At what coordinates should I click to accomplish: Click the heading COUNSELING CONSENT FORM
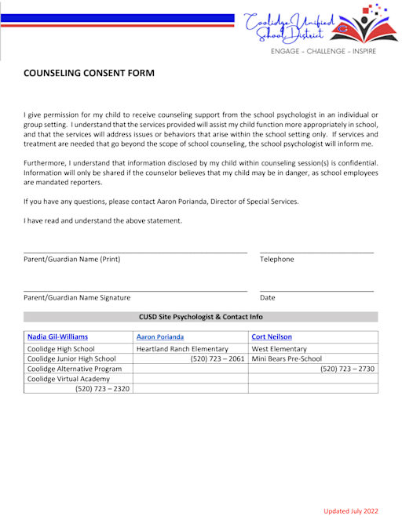point(89,73)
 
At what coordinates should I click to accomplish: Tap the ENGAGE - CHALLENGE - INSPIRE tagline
point(323,52)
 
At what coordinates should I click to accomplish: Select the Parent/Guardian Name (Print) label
point(72,259)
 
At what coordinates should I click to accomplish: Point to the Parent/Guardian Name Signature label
point(77,297)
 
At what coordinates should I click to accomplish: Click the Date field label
point(268,297)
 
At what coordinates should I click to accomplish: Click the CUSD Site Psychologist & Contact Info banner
point(200,317)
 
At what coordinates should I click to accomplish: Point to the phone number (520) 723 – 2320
point(102,388)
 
